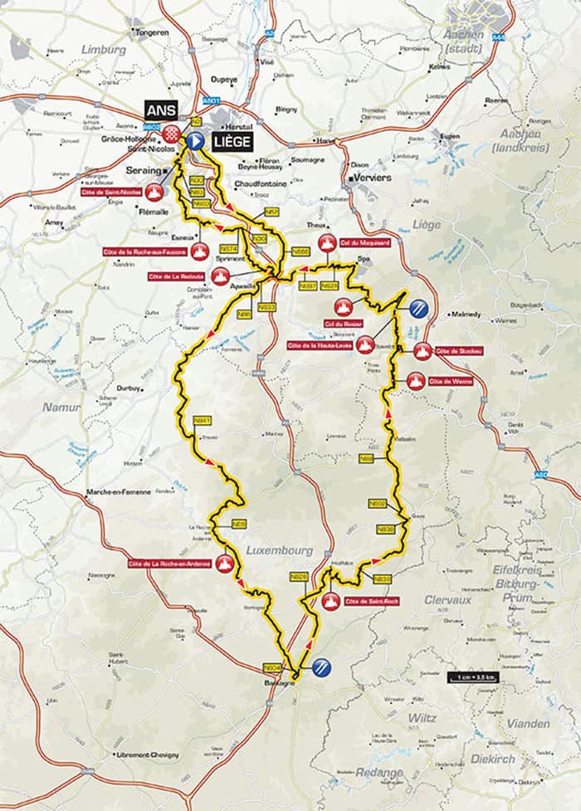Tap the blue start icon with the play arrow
point(195,141)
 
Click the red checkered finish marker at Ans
point(172,134)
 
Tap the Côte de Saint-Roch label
point(366,600)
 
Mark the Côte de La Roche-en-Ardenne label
point(169,564)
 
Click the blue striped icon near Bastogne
point(322,665)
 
